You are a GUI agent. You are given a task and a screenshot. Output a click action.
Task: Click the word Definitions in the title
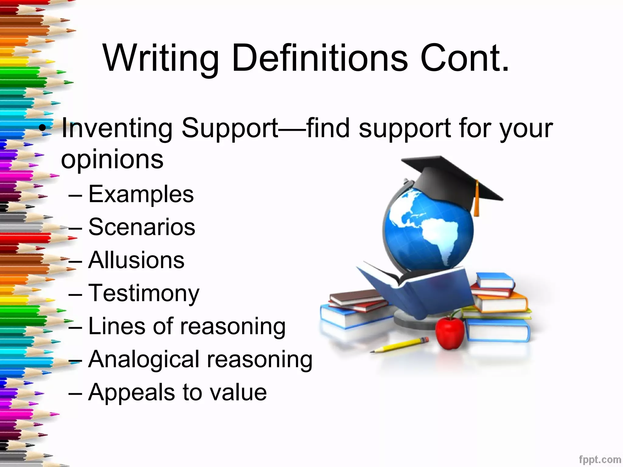[319, 58]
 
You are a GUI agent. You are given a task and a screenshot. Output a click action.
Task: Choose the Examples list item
[141, 194]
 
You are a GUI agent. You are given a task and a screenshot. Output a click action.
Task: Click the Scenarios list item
[142, 227]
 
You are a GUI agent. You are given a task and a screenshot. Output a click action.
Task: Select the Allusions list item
[136, 260]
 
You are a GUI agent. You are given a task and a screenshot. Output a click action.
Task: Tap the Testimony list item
[144, 293]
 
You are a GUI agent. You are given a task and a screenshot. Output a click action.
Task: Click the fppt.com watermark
[600, 459]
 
